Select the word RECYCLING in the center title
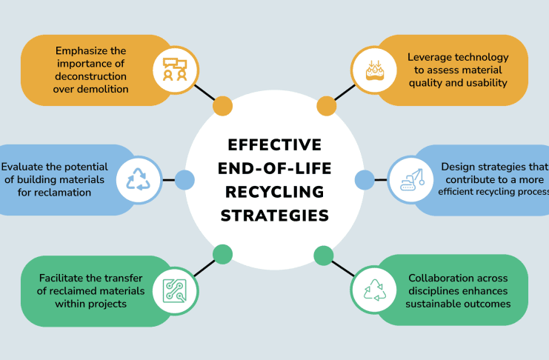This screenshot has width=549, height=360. tap(274, 192)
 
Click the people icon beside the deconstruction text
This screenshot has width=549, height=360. tap(176, 70)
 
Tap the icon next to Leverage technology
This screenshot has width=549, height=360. tap(373, 70)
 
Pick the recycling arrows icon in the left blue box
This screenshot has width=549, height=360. tap(139, 179)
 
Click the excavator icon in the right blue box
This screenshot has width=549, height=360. tap(410, 180)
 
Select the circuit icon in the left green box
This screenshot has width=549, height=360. tap(176, 290)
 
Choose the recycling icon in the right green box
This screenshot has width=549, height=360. tap(374, 290)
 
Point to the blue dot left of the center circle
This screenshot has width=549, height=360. tap(184, 179)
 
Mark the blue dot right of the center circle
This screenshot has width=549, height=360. tap(365, 179)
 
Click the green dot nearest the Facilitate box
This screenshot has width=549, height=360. tap(222, 255)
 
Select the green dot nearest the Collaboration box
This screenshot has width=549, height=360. tap(324, 256)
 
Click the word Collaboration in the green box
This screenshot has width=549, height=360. tap(444, 278)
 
